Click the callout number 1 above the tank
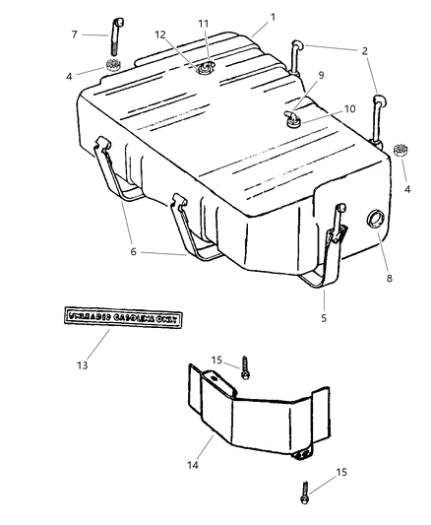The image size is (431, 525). [273, 16]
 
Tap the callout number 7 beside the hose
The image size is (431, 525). [75, 33]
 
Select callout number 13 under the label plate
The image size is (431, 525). [82, 364]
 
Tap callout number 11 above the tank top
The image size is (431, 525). [203, 22]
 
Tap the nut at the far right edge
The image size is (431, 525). [399, 152]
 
